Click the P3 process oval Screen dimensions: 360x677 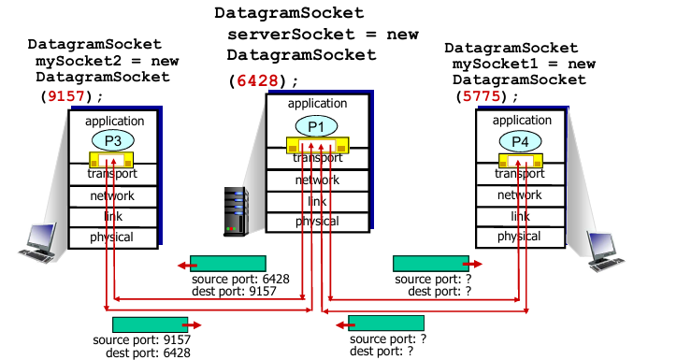[x=112, y=140]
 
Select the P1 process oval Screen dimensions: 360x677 [x=315, y=125]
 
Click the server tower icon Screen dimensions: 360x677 [x=235, y=210]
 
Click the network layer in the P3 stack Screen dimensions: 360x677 [x=112, y=196]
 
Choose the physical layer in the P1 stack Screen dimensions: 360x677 [x=317, y=222]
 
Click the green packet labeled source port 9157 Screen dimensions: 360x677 [x=150, y=324]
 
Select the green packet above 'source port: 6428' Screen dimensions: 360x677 [x=227, y=264]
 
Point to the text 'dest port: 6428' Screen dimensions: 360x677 [x=149, y=353]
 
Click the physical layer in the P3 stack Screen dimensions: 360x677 [x=112, y=238]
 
